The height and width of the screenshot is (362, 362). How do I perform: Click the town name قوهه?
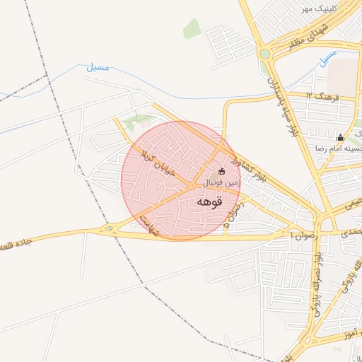210,202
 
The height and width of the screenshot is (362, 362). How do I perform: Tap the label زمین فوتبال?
222,182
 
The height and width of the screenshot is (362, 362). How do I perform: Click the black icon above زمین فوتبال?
221,170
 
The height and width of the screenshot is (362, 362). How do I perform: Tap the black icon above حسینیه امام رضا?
341,137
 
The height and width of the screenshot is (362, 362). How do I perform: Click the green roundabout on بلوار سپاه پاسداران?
264,54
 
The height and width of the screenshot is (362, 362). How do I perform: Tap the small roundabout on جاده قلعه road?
108,229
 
